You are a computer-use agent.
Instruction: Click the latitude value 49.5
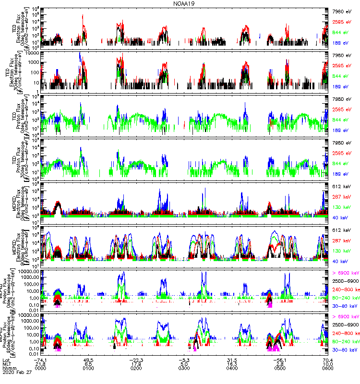[88, 359]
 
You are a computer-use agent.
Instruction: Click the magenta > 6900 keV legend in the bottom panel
[345, 317]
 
